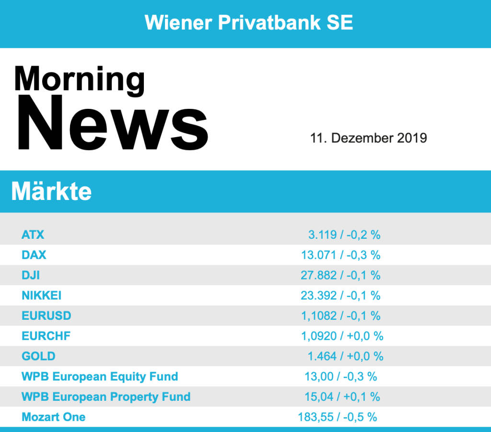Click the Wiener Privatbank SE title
249,23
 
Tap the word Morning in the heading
79,79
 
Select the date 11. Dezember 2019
368,138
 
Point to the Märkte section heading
51,192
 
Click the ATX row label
33,235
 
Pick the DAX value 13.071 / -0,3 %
340,255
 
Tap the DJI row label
31,275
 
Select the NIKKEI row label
42,295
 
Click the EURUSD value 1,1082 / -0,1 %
340,316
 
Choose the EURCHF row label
46,336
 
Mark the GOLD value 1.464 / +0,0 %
345,356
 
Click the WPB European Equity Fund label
100,376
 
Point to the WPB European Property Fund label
106,397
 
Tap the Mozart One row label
54,417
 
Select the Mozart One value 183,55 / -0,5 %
338,417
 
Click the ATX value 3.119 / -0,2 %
344,235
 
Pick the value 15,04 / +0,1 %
342,397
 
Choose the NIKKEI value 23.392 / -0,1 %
340,295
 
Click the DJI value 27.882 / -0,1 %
340,275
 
